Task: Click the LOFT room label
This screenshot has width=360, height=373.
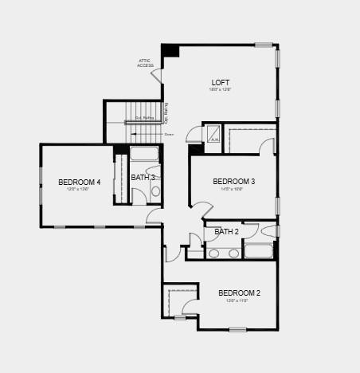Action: click(221, 82)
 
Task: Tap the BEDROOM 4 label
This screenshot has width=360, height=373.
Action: click(80, 183)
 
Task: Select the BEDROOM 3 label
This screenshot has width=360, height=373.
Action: click(233, 182)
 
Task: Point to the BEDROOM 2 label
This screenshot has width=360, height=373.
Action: click(239, 293)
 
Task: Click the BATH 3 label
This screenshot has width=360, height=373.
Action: click(143, 177)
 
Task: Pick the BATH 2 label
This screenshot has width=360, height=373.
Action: click(226, 232)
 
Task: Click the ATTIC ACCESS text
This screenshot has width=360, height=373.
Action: click(145, 63)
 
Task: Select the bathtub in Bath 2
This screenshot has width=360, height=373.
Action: click(258, 252)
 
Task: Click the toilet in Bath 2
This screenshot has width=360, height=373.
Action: click(268, 232)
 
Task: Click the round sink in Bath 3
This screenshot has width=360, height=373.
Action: click(155, 192)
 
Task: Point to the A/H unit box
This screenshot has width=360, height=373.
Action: click(213, 135)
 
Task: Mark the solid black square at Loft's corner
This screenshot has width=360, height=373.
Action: click(170, 50)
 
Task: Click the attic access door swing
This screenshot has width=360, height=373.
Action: click(158, 76)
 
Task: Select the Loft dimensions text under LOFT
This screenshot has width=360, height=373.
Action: click(221, 90)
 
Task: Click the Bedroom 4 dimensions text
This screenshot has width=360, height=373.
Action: click(80, 190)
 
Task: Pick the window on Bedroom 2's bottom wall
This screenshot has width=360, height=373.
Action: click(237, 329)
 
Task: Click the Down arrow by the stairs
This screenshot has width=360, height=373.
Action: click(169, 135)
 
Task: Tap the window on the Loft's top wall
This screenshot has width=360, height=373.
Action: click(264, 45)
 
